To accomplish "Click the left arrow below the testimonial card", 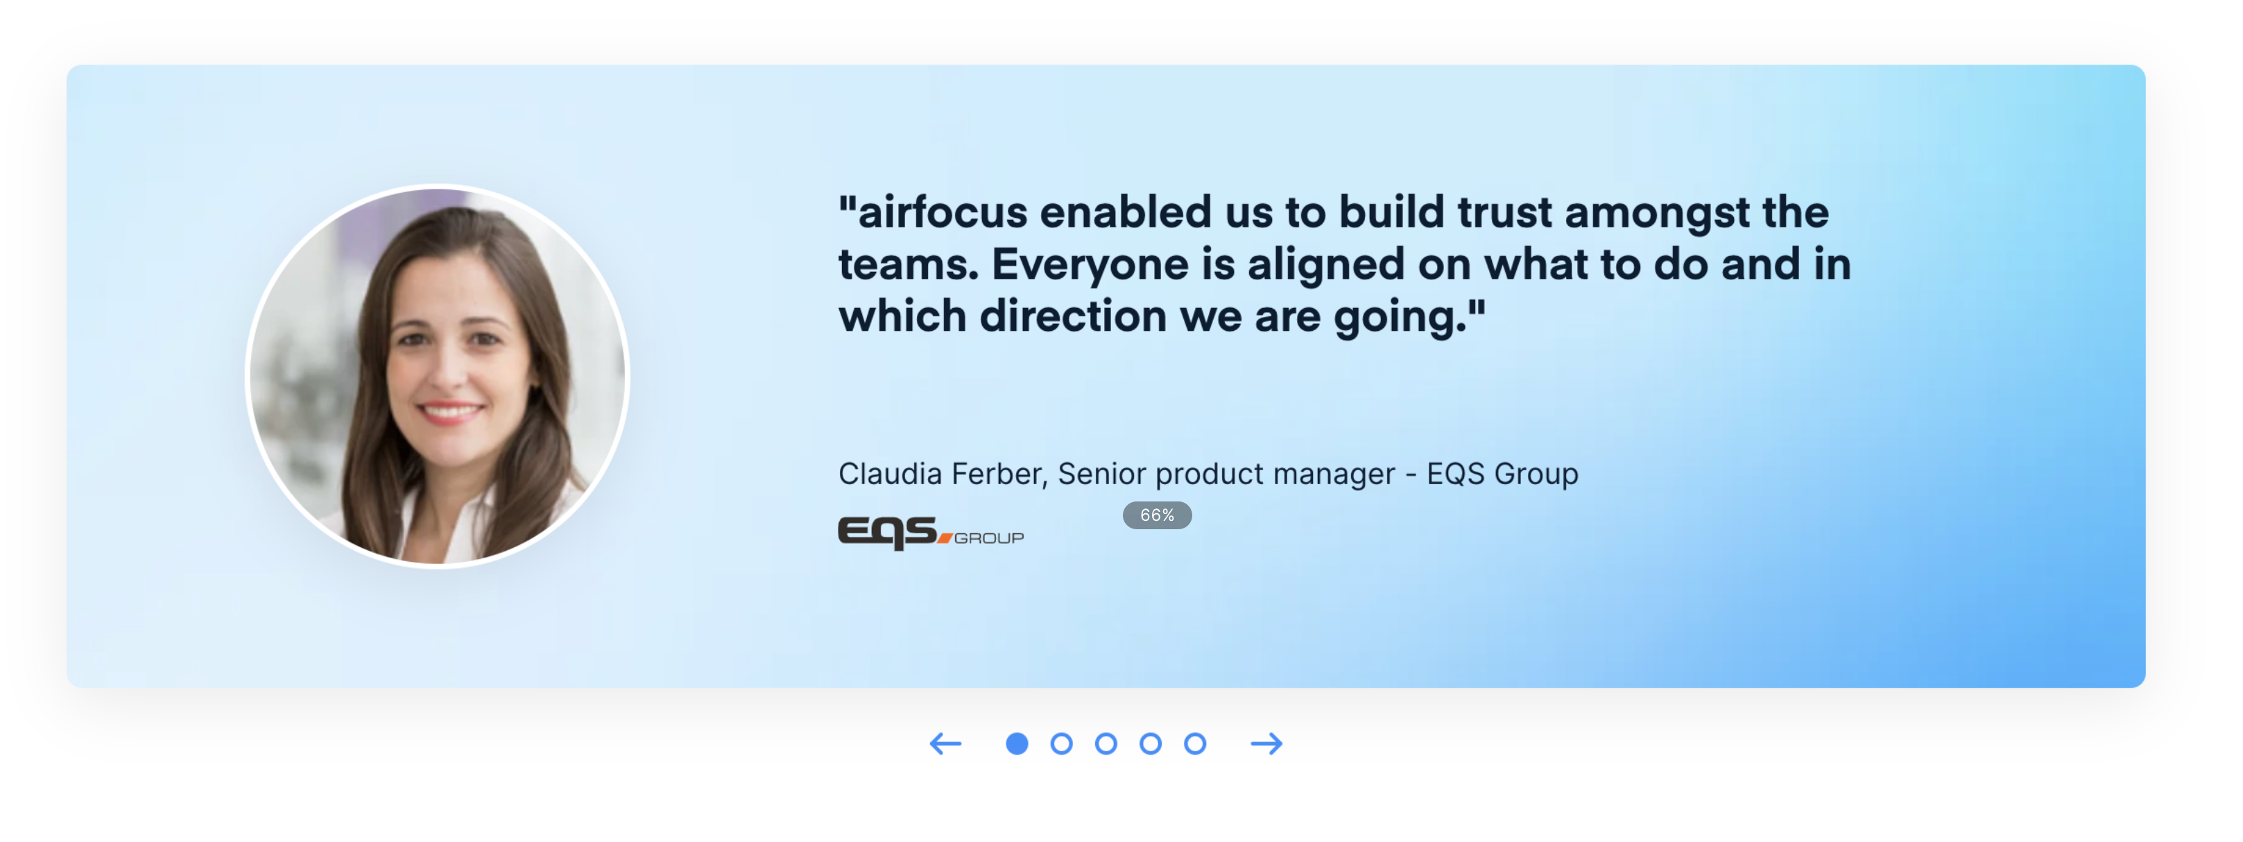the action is (945, 744).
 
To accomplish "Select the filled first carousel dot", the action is (1016, 744).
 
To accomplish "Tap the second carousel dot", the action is (1060, 744).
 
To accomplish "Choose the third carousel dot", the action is (1106, 744).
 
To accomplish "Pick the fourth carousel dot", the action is (1150, 744).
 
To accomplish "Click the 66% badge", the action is (1156, 515).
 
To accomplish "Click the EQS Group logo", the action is (930, 533).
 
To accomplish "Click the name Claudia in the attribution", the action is (890, 474).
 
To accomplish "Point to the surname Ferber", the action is (999, 474).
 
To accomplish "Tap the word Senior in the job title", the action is (1101, 474).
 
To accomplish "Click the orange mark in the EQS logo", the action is (945, 538).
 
